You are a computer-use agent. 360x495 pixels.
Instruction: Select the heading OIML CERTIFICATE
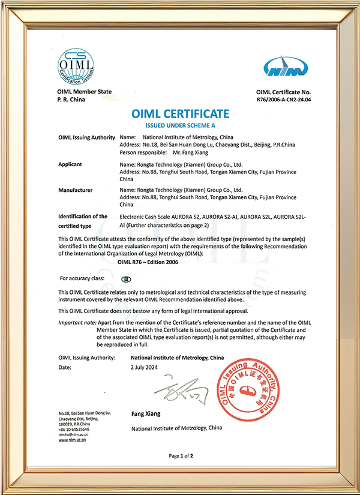(180, 114)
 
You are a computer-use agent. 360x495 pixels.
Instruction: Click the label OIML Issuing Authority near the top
(86, 137)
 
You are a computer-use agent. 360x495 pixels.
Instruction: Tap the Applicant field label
(71, 163)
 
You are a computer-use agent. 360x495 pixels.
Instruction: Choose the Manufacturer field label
(76, 190)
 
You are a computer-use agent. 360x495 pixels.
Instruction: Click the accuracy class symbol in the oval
(126, 279)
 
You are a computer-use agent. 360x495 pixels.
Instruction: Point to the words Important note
(74, 322)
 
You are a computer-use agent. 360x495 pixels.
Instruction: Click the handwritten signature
(183, 392)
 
